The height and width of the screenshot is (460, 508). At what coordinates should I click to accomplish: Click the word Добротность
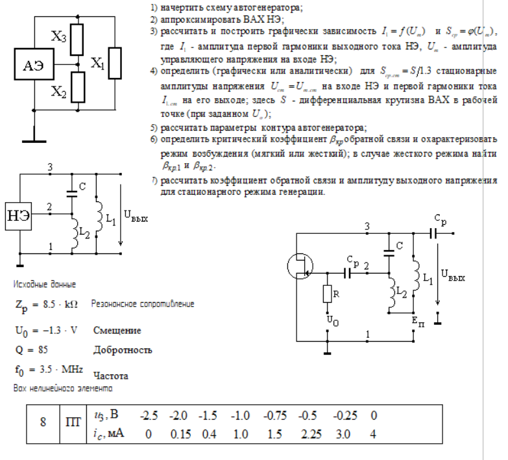point(123,350)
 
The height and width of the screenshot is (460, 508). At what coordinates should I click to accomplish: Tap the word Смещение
point(117,331)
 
